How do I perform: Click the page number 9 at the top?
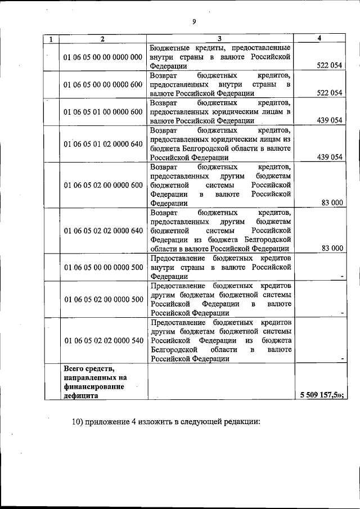point(193,21)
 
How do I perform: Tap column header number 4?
point(319,38)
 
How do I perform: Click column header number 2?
point(102,39)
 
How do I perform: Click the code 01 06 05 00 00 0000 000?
point(103,57)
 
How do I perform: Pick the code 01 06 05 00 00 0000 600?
point(103,84)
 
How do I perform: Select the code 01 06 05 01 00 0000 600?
point(103,111)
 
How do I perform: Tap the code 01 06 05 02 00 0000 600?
point(103,185)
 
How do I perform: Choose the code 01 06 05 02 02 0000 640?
point(103,231)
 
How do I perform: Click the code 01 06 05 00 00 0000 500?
point(103,267)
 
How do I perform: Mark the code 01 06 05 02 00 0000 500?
point(103,299)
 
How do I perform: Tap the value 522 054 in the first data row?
point(330,66)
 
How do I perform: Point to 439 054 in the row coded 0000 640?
point(330,157)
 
